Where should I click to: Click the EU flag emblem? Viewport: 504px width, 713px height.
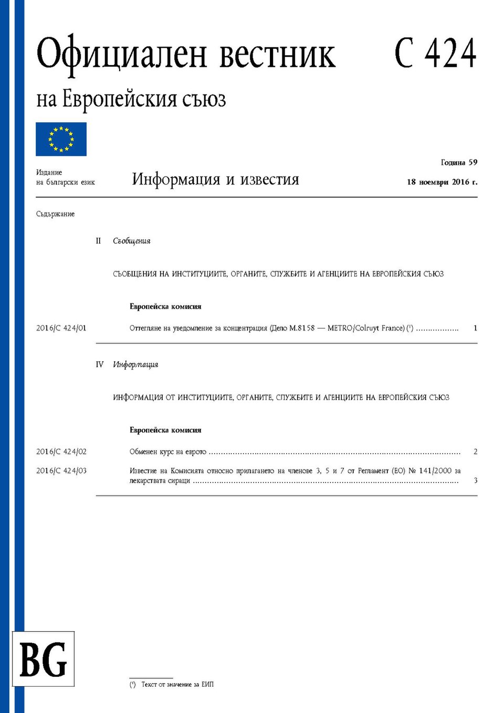[61, 139]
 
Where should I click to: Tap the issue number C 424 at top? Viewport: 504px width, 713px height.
[435, 54]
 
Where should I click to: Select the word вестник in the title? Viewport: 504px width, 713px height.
[277, 55]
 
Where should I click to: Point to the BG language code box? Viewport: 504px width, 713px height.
[43, 659]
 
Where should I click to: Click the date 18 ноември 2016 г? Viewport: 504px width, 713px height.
[442, 182]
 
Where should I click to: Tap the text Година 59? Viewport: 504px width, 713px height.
[459, 162]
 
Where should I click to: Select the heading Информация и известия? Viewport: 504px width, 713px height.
[215, 180]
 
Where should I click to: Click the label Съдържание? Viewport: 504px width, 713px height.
[55, 214]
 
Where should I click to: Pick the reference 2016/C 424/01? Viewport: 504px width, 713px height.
[61, 328]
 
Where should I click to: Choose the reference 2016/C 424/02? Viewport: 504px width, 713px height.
[61, 452]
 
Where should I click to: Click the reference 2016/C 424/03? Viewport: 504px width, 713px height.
[61, 471]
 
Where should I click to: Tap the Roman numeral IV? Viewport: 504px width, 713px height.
[100, 364]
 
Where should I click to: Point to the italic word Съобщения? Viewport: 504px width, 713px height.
[132, 241]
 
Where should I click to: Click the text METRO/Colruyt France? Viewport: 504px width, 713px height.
[366, 328]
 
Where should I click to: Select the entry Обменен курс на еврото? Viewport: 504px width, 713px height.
[168, 452]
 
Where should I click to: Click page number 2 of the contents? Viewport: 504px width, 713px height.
[475, 452]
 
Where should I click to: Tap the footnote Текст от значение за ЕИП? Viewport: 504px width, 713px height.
[177, 685]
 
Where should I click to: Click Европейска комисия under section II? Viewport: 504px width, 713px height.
[165, 307]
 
